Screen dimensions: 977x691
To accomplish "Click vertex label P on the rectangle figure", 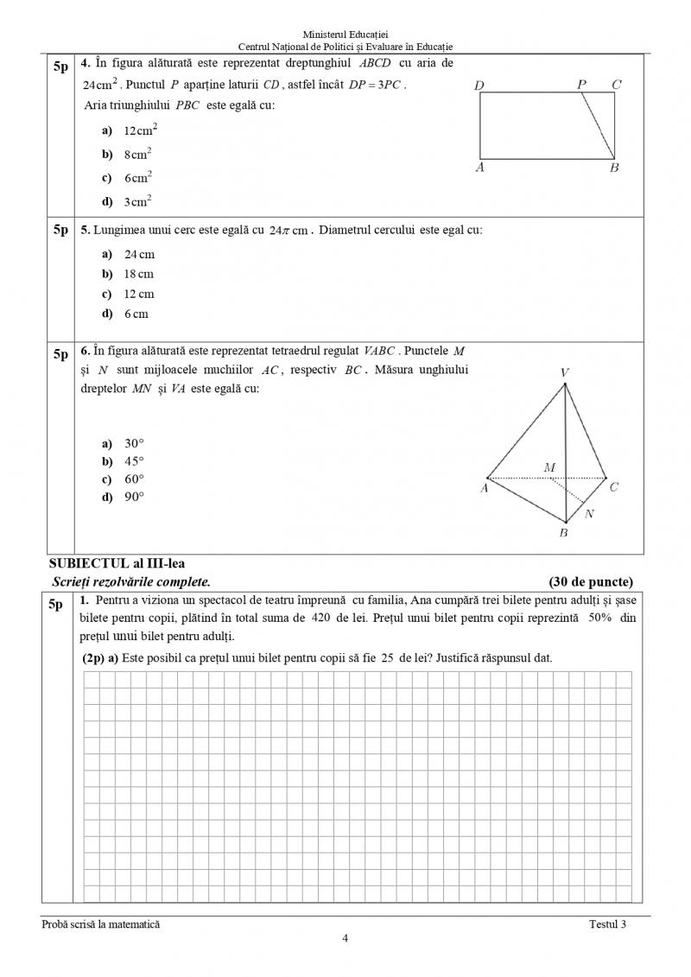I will click(582, 84).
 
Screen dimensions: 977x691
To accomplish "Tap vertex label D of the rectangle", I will click(479, 85).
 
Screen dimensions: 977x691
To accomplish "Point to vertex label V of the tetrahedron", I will click(564, 372).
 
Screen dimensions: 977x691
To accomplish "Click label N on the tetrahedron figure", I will click(589, 514).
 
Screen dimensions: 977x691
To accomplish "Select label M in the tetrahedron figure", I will click(549, 468).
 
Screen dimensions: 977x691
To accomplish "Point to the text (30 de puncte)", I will click(591, 581).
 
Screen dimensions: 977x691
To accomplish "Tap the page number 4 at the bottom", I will click(345, 939).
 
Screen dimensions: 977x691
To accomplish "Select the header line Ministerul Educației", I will click(345, 33).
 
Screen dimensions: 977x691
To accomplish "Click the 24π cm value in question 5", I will click(288, 231).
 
